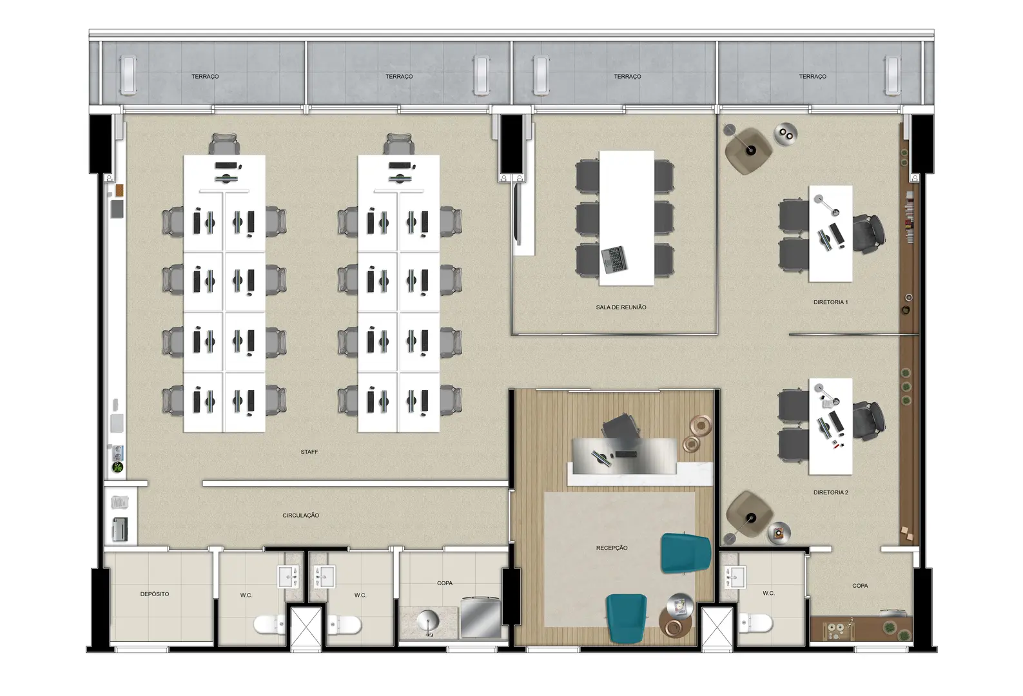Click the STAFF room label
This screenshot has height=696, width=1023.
(309, 452)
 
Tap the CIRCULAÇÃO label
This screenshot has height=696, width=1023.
(300, 515)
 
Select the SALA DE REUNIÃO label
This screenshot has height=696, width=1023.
(621, 307)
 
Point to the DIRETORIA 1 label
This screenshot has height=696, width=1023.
(831, 302)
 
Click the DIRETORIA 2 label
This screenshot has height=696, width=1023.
(831, 492)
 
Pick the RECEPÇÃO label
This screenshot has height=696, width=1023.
(612, 548)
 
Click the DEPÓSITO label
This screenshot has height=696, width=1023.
(155, 594)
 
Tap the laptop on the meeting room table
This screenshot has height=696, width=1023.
(614, 260)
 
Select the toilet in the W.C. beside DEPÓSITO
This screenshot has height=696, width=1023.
(269, 624)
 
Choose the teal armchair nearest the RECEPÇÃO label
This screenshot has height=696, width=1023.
(686, 554)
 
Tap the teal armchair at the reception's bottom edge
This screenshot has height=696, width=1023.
(627, 619)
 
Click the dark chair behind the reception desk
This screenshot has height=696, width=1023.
(620, 427)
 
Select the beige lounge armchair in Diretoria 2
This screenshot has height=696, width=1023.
(749, 515)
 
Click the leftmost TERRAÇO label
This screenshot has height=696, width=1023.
(205, 76)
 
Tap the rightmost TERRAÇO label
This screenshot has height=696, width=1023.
(812, 76)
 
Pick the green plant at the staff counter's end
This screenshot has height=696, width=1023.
(118, 467)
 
